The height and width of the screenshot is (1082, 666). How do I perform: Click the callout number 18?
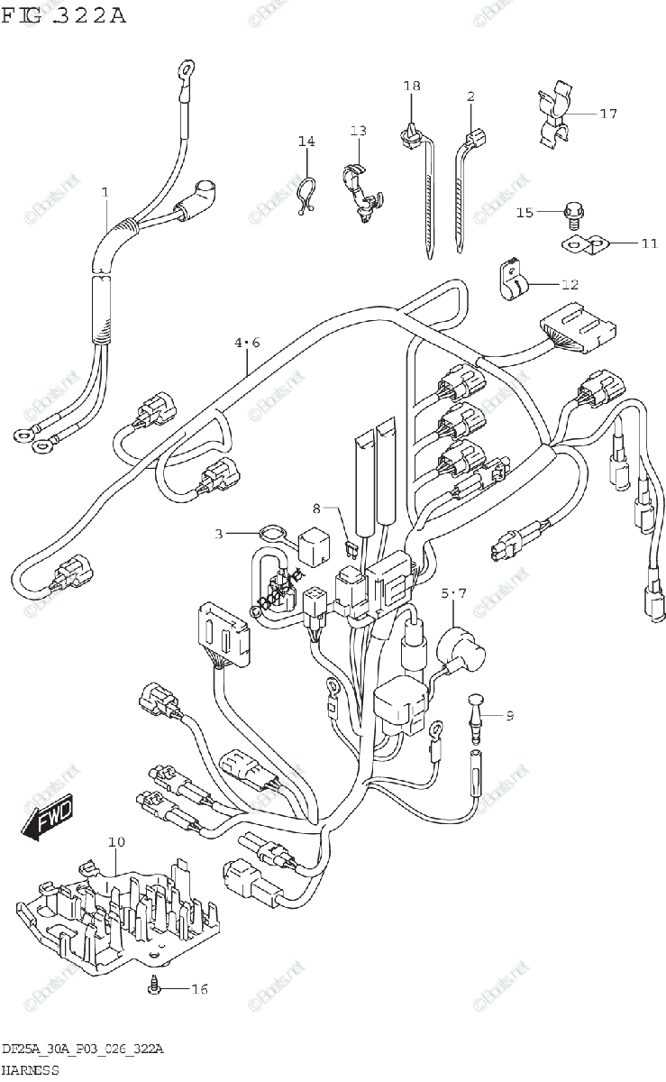412,86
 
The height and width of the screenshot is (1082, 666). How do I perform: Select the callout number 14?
307,142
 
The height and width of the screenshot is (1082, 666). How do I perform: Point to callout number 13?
359,131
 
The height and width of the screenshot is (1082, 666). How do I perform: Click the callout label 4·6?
247,343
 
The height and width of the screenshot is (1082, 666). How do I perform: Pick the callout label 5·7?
454,592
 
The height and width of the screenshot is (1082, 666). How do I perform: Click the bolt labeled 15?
571,213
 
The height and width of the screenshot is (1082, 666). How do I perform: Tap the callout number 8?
316,509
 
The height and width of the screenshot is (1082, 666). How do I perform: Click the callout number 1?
105,192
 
